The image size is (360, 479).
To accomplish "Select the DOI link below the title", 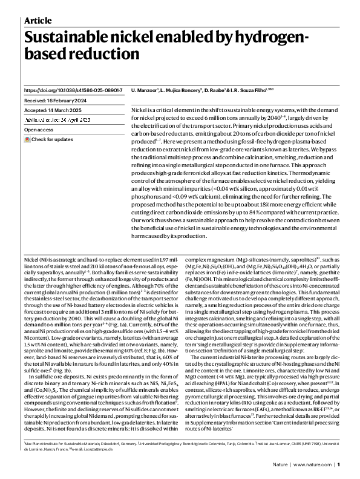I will pos(73,89).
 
